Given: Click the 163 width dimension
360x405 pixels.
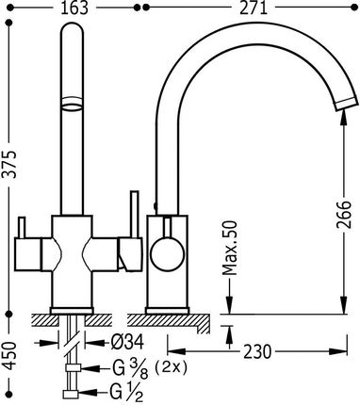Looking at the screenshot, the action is tap(74, 8).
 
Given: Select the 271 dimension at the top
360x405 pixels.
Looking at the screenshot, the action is tap(254, 8).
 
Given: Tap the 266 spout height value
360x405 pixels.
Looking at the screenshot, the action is tap(343, 215).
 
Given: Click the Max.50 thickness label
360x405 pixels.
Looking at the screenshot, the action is tap(230, 248).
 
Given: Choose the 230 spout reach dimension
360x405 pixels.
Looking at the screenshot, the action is tap(257, 351).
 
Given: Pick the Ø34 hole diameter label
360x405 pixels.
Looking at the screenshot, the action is tap(127, 342).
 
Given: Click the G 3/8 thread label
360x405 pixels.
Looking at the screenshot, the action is tap(130, 369).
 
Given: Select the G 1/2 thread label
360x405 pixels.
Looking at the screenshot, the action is tap(126, 393).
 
